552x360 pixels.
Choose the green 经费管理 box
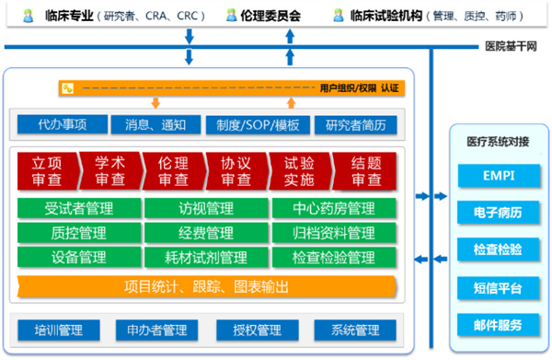[205, 232]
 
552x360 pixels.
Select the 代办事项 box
[62, 124]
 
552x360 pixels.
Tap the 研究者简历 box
[356, 124]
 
